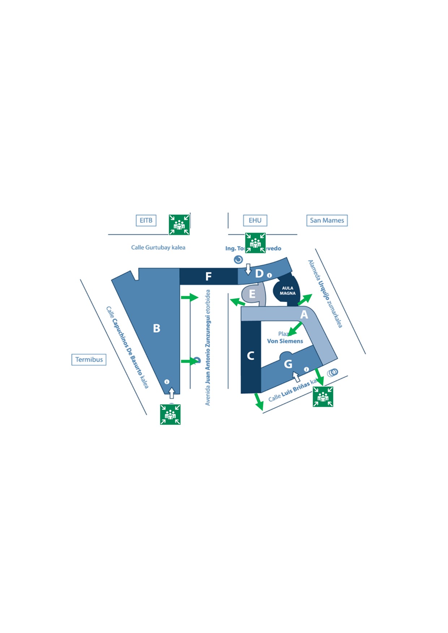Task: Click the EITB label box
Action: (146, 221)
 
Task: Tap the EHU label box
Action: (255, 221)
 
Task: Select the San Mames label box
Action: (327, 221)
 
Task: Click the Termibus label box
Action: (89, 360)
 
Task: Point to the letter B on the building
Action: (156, 328)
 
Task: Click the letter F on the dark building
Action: (208, 277)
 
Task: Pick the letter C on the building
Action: (250, 356)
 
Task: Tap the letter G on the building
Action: (288, 364)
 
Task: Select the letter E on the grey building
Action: (252, 294)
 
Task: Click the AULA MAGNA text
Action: (288, 291)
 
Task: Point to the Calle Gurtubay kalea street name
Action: (158, 248)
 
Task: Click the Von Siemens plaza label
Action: (285, 341)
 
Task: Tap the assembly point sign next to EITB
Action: (179, 224)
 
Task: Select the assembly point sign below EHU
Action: (255, 243)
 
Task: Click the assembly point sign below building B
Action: (170, 414)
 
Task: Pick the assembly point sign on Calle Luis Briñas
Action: (323, 397)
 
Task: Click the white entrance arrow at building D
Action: (248, 269)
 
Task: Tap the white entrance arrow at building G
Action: (296, 377)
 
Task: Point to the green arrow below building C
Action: (258, 402)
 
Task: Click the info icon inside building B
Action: (167, 382)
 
